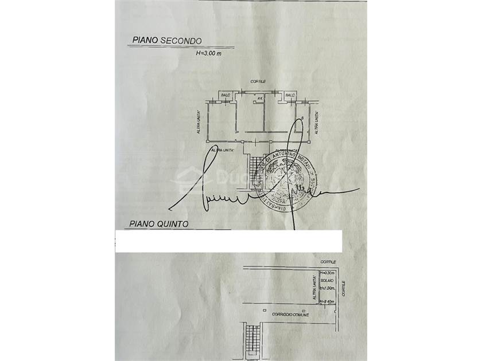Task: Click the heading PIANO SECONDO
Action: pos(166,41)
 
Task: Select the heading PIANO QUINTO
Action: pos(159,224)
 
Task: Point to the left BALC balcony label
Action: pos(226,95)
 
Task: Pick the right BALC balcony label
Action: pos(290,95)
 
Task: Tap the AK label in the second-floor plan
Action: pos(260,99)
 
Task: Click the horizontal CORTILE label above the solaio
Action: pos(328,261)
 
